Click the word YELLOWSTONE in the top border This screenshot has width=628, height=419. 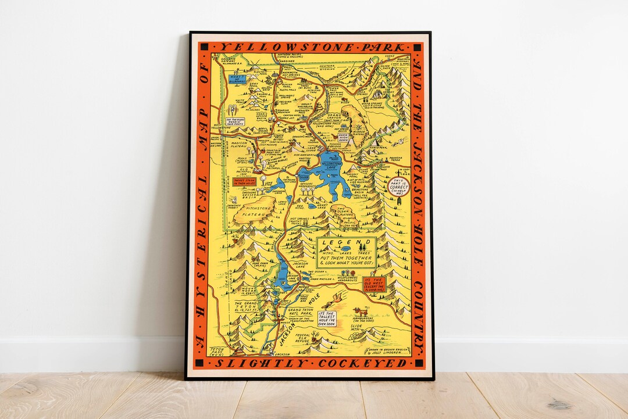click(258, 47)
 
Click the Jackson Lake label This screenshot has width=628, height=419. click(300, 266)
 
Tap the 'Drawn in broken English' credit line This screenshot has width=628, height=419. click(387, 350)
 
